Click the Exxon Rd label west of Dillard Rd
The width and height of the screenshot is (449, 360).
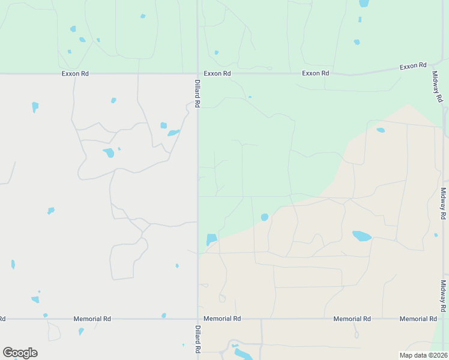coord(75,73)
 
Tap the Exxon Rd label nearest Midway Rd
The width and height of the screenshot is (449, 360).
coord(414,65)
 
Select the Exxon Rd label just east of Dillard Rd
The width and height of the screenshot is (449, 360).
coord(217,73)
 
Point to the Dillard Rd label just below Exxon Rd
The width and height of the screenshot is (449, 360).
coord(197,94)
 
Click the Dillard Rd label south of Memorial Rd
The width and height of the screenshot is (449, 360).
coord(197,339)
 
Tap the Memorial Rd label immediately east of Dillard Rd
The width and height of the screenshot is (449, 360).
coord(222,319)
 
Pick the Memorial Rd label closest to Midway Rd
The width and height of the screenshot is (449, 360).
coord(418,319)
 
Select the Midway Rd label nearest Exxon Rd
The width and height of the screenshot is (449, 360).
coord(438,87)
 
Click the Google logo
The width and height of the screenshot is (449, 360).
coord(20,353)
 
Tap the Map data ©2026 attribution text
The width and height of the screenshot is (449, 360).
coord(423,355)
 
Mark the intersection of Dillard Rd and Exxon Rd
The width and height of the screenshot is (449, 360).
coord(197,74)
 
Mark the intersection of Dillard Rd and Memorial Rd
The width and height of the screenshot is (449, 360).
coord(197,319)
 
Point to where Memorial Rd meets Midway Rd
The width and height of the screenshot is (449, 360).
coord(444,319)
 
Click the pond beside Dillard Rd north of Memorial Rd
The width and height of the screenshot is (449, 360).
coord(211,239)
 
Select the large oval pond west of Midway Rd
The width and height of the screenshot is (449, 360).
coord(361,236)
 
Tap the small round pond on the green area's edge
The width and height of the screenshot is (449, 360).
coord(265,217)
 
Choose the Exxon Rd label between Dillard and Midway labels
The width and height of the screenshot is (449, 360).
coord(316,73)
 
